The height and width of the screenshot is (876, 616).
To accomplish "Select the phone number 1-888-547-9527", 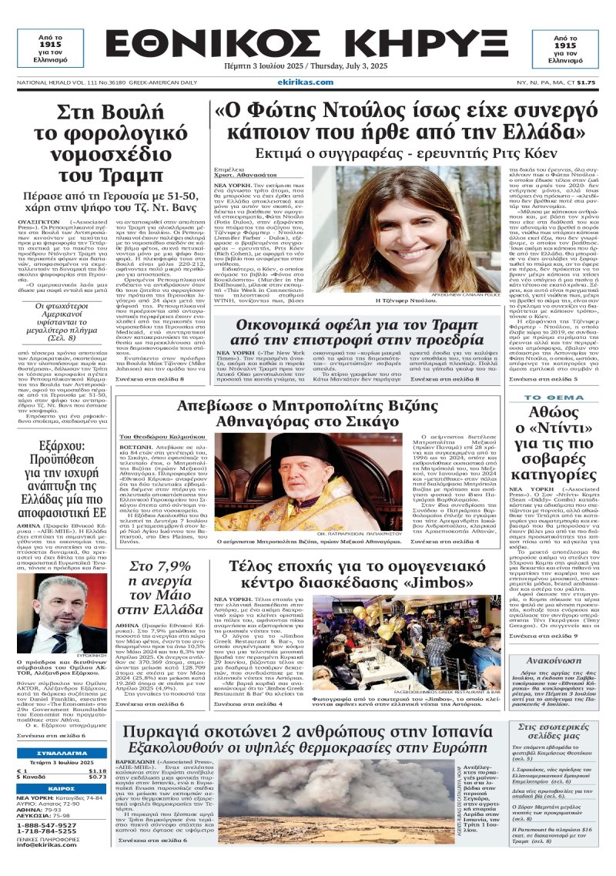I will [x=46, y=824].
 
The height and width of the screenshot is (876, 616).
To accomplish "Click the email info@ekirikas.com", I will [x=47, y=845].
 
